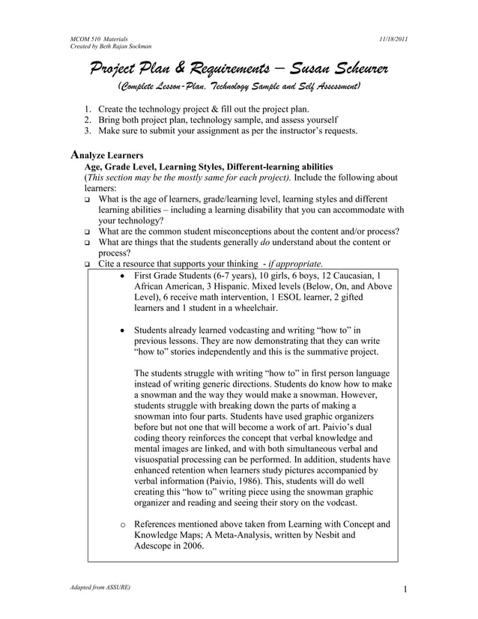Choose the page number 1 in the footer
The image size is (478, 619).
[404, 589]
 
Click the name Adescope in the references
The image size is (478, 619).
[156, 546]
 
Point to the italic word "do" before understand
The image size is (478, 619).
[265, 241]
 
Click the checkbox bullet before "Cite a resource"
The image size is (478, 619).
[87, 265]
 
